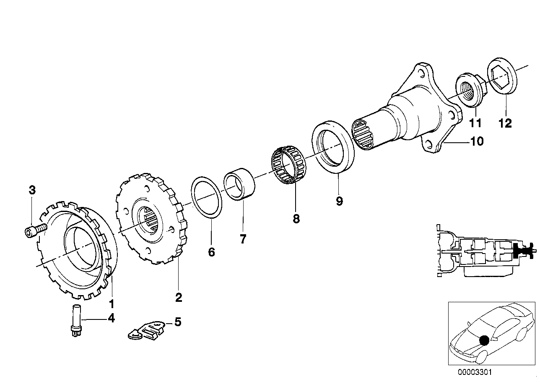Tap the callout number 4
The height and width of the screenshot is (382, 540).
(111, 319)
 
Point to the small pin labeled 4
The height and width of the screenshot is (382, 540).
(77, 319)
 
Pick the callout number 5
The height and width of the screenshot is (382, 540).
(178, 322)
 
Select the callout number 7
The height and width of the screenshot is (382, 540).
(243, 239)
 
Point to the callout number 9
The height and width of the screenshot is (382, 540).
(339, 201)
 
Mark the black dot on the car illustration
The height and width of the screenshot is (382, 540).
(484, 340)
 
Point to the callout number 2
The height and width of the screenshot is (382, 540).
(179, 298)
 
